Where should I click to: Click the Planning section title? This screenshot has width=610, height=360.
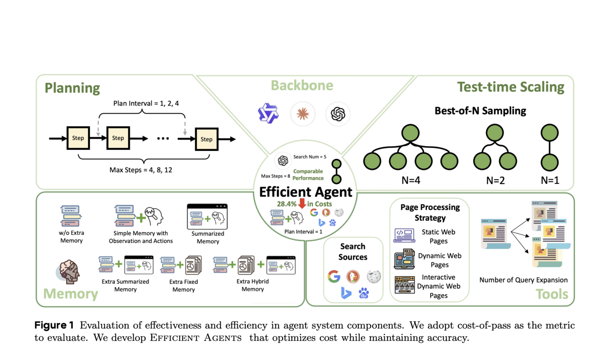coord(72,88)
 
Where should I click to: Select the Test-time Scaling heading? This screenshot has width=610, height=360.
coord(510,87)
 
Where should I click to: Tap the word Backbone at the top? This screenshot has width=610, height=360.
coord(302,86)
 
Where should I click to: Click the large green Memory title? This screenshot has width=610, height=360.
coord(71,294)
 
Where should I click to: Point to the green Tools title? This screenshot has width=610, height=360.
coord(552,294)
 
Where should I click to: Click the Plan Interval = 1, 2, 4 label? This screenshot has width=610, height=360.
coord(146,104)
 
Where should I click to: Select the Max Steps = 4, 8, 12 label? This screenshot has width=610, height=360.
coord(141,170)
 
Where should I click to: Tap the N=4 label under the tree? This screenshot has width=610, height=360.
coord(411,181)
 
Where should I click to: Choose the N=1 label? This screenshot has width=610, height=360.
coord(550,181)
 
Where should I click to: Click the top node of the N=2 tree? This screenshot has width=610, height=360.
coord(495,133)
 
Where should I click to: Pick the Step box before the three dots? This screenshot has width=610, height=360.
coord(118,138)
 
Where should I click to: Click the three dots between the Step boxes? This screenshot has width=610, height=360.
coord(163,139)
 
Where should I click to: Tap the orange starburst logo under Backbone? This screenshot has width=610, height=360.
coord(303,114)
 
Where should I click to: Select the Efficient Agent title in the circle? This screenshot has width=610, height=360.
coord(305,192)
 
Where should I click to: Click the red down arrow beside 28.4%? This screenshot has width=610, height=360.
coord(302,204)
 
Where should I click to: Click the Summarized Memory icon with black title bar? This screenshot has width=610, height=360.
coord(207,217)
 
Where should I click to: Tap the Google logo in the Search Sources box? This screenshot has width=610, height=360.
coord(334,276)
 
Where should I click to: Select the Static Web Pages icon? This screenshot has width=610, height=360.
coord(404,235)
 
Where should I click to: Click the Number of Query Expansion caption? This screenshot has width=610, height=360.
coord(523,280)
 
